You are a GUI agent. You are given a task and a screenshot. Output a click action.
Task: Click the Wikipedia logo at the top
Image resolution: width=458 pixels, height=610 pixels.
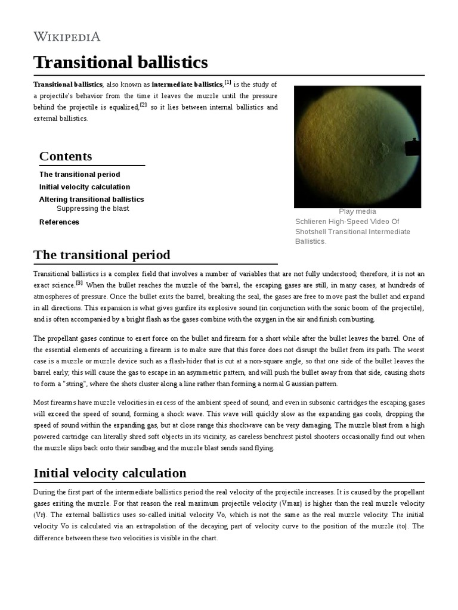coord(67,37)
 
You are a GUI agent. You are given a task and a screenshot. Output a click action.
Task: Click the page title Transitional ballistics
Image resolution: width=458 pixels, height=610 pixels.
coord(120,62)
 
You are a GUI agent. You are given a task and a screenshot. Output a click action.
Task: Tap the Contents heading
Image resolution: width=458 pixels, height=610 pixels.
coord(66,156)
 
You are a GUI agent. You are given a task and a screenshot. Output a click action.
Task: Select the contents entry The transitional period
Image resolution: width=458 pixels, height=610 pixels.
coord(79,175)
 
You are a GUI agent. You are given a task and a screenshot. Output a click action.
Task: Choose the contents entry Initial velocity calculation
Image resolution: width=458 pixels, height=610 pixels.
coord(85,187)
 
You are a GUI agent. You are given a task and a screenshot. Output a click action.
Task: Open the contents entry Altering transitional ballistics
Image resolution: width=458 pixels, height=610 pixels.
coord(91,200)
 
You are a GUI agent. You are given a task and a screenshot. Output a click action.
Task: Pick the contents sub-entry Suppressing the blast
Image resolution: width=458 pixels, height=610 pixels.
coord(92,209)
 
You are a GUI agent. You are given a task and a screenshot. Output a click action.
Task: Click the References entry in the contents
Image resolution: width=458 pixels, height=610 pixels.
coord(59,222)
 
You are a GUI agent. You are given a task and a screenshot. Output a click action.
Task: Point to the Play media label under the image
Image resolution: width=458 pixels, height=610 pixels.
coord(357,211)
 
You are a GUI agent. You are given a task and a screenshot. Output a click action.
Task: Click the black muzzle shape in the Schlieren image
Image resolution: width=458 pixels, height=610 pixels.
coord(412,147)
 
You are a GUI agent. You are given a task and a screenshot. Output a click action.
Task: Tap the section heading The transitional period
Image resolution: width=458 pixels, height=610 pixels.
coord(102,255)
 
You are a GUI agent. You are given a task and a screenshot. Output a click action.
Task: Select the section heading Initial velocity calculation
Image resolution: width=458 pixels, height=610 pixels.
coord(110,473)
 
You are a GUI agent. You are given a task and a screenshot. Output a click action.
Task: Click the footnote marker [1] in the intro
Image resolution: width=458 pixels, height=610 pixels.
coord(228,82)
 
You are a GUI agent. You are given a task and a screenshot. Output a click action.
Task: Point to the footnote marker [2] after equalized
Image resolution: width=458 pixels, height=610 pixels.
coord(143,105)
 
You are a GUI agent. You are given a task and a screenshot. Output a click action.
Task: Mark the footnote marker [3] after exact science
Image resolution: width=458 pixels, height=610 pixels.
coord(79,282)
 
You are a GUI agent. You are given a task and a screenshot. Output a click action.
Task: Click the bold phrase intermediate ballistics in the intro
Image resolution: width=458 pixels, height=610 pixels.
coord(187,85)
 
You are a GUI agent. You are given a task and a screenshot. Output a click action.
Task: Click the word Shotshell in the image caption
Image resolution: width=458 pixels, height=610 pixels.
coord(311,232)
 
